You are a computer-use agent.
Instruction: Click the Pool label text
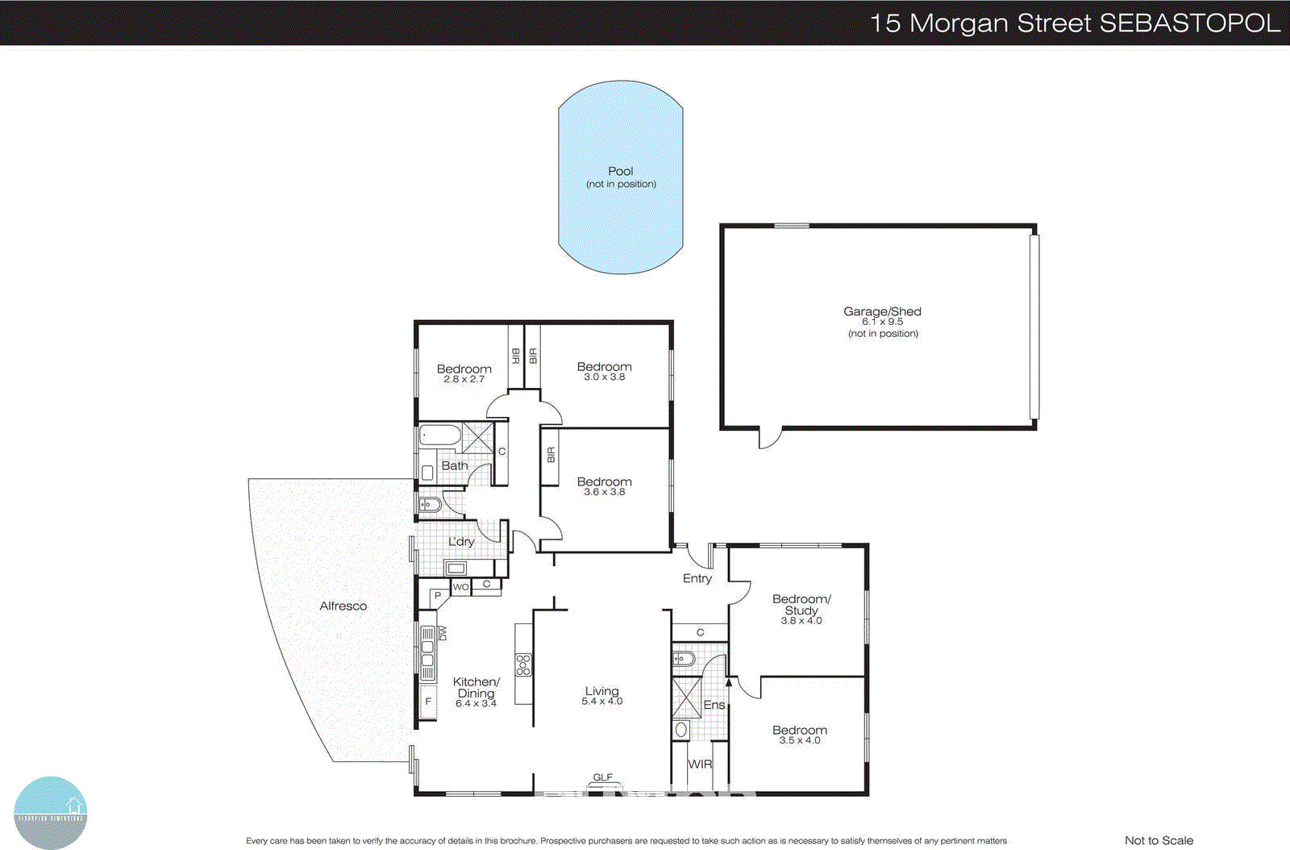click(x=620, y=171)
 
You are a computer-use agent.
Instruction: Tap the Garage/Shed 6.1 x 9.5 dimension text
click(x=882, y=322)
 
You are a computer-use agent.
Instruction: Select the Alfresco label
click(x=343, y=606)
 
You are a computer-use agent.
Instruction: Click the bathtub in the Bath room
click(x=440, y=436)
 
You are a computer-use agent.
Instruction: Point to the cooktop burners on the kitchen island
click(x=523, y=665)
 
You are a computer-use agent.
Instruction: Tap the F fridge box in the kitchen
click(x=428, y=702)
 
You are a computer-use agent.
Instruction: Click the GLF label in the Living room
click(x=602, y=777)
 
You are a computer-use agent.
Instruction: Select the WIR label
click(x=699, y=764)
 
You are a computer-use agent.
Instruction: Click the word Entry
click(x=697, y=578)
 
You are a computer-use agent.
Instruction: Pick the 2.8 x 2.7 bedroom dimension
click(x=464, y=379)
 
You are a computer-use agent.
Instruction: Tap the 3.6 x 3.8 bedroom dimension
click(x=604, y=492)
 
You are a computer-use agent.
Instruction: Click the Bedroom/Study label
click(x=801, y=604)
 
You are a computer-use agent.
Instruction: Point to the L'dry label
click(x=461, y=541)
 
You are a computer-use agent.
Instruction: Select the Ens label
click(x=714, y=705)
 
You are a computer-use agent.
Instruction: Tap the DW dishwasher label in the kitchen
click(x=443, y=634)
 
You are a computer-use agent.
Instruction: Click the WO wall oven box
click(x=460, y=587)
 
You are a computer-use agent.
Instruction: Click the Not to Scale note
click(x=1159, y=840)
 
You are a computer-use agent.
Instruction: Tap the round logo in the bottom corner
click(x=50, y=811)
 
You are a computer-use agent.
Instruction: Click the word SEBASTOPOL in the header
click(x=1189, y=23)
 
